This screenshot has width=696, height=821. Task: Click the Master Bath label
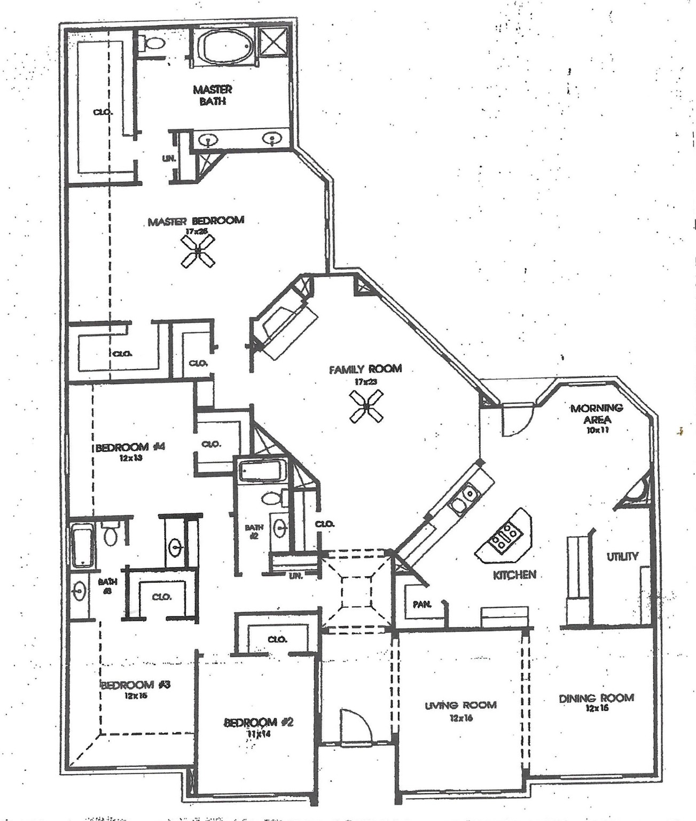click(x=213, y=95)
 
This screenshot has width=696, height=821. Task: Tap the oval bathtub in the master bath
click(x=224, y=46)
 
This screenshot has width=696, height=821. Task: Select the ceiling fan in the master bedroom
click(x=198, y=251)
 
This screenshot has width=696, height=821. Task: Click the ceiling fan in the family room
click(x=366, y=406)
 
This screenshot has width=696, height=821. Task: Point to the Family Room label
click(x=365, y=369)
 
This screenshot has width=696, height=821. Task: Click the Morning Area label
click(x=597, y=414)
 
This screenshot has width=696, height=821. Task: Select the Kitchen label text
click(x=514, y=575)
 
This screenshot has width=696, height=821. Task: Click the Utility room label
click(x=622, y=556)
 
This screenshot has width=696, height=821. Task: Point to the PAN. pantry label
click(x=422, y=605)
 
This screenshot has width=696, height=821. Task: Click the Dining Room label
click(x=596, y=698)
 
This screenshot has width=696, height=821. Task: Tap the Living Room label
click(x=460, y=706)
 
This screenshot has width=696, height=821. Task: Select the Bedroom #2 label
click(x=259, y=723)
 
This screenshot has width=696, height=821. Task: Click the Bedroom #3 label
click(x=135, y=685)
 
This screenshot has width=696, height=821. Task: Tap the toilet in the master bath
click(x=153, y=43)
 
